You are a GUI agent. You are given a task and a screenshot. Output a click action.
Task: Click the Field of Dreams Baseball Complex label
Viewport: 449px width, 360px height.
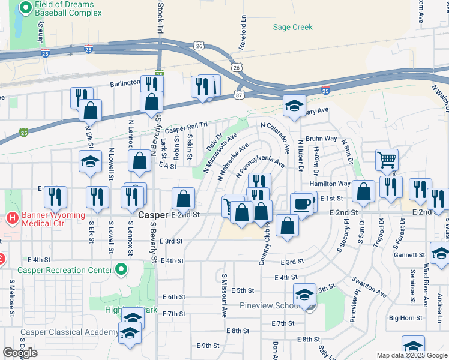pyautogui.click(x=68, y=8)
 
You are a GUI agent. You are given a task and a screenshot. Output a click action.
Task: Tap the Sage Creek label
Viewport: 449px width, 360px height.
pyautogui.click(x=293, y=27)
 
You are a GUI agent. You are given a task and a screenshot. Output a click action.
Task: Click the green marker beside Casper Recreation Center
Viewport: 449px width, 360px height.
pyautogui.click(x=122, y=269)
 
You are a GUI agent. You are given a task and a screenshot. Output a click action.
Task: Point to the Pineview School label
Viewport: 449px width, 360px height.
pyautogui.click(x=270, y=305)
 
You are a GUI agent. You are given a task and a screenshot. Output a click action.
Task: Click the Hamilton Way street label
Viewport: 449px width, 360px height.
pyautogui.click(x=330, y=184)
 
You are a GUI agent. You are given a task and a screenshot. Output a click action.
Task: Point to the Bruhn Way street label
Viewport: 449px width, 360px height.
pyautogui.click(x=321, y=138)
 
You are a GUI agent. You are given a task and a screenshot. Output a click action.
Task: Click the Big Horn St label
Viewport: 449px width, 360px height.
pyautogui.click(x=405, y=318)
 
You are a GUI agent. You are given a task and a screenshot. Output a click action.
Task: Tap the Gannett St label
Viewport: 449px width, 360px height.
pyautogui.click(x=410, y=254)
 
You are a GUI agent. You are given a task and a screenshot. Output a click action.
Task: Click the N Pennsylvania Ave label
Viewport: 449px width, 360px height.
pyautogui.click(x=261, y=166)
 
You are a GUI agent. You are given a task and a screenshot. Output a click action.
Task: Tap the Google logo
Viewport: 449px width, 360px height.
pyautogui.click(x=20, y=353)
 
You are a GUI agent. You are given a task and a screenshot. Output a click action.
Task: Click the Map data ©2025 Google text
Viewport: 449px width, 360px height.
pyautogui.click(x=412, y=355)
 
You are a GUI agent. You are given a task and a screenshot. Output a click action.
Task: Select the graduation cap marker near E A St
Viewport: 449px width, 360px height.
pyautogui.click(x=90, y=162)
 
